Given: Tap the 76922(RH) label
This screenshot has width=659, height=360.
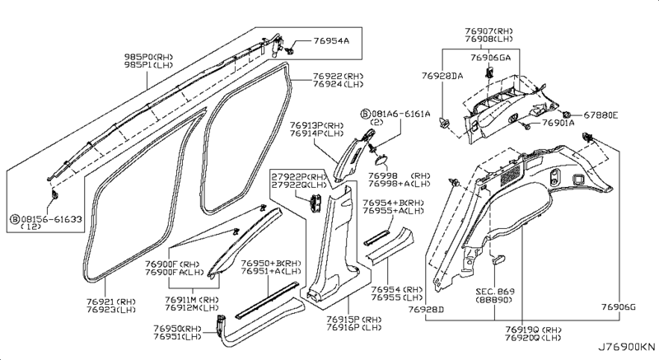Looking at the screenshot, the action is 339,77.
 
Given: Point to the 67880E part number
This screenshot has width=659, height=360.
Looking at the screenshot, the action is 601,115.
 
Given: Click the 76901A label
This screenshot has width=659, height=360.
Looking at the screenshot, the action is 559,123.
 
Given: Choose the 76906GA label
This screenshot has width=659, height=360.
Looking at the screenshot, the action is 490,58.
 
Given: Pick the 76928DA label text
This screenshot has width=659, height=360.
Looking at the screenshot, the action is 442,76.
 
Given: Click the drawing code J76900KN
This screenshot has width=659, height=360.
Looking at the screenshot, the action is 627,347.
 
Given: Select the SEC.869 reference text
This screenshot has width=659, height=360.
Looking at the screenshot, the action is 495,292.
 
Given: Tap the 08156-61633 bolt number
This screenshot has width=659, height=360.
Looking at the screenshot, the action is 51,219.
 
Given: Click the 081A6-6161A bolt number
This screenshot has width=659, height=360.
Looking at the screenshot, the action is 400,114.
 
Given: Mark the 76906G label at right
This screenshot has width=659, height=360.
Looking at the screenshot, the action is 619,307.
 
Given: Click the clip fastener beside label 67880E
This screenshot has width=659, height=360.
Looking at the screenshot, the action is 567,115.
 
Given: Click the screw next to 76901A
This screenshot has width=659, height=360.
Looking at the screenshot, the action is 523,124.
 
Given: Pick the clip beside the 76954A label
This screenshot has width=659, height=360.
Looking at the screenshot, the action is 290,51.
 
